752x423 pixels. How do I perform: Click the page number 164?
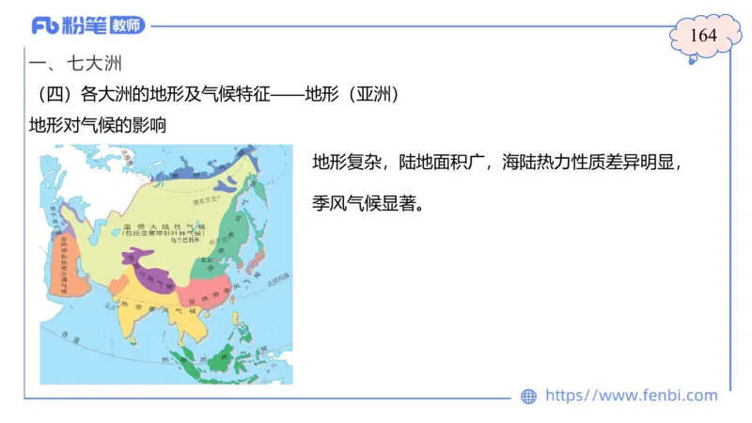(x=703, y=36)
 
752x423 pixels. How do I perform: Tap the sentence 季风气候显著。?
(x=367, y=202)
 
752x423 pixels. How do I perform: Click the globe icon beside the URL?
(x=529, y=397)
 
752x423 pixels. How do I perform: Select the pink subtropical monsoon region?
(x=212, y=291)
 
